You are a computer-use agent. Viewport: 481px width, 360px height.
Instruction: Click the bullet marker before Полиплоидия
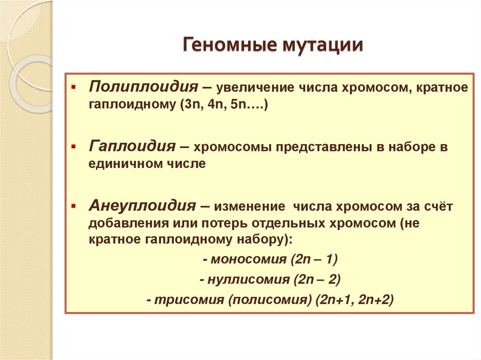pyautogui.click(x=73, y=87)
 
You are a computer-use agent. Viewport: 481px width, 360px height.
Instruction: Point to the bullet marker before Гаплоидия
pyautogui.click(x=73, y=147)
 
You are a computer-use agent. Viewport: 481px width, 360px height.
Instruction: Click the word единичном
pyautogui.click(x=121, y=164)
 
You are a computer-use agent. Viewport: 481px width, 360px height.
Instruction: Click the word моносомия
pyautogui.click(x=247, y=259)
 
